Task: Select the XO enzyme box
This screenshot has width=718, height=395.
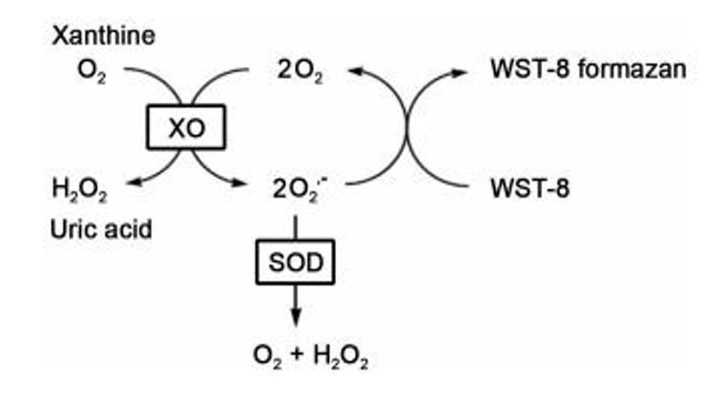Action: point(186,127)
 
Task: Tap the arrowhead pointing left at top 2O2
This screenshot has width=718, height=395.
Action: point(355,71)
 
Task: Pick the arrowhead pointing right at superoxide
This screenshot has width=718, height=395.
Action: point(249,186)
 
